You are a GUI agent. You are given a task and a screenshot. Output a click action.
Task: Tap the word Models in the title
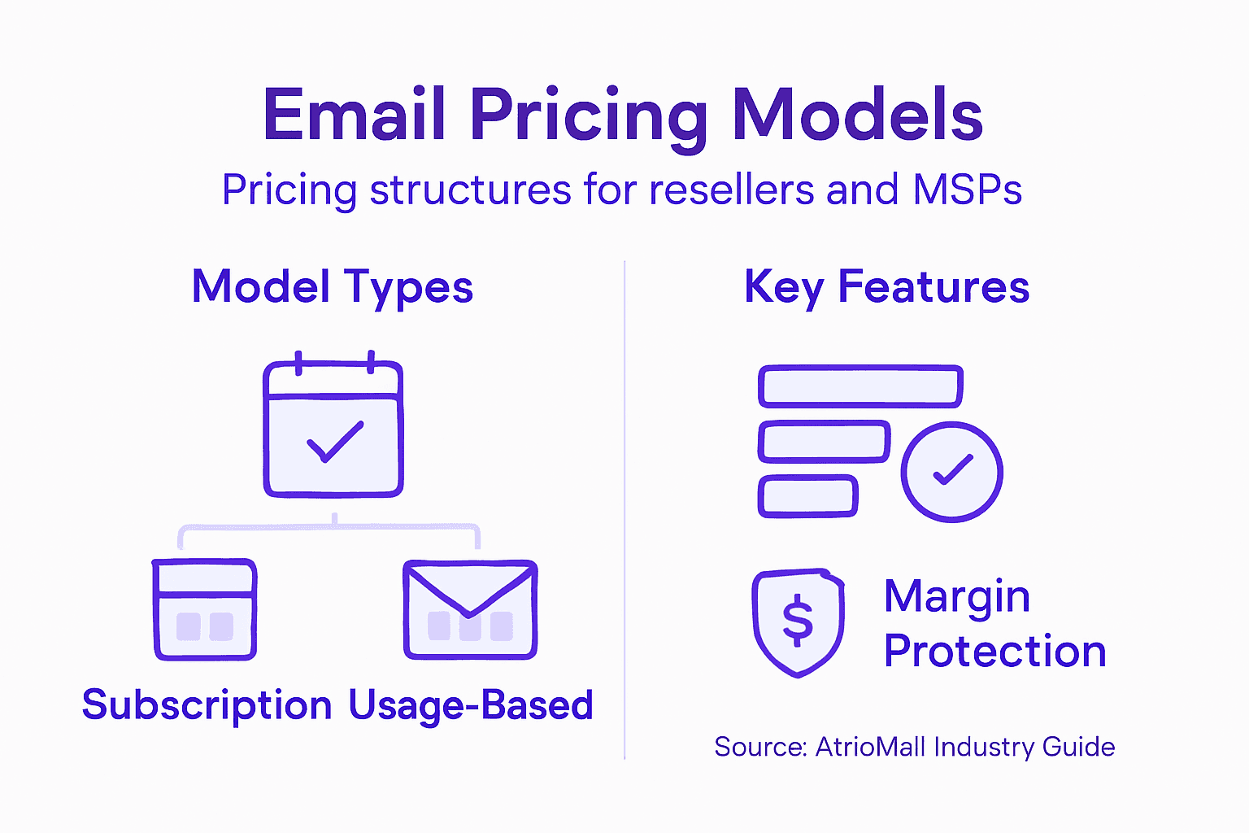coord(857,116)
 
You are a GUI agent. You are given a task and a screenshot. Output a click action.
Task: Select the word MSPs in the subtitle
coord(967,190)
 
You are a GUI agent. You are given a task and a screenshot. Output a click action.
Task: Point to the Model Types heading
coord(332,287)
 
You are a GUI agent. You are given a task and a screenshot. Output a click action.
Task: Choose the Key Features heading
coord(886,287)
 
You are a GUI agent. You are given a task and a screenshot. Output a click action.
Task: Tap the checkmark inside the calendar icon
coord(334,442)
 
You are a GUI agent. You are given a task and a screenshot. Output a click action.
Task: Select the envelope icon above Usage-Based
coord(470,609)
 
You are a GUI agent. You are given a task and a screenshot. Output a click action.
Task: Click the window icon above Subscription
coord(205,609)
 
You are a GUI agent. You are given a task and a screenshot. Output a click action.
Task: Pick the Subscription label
coord(207,705)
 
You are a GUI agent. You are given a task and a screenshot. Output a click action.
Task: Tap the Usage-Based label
coord(471,705)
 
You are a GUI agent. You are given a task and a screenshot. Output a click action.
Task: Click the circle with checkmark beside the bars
coord(951,472)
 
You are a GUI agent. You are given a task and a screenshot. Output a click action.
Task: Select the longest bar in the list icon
coord(860,386)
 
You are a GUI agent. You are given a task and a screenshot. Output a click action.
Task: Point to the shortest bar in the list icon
coord(807,496)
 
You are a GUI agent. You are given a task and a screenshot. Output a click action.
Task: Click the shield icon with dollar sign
coord(798,623)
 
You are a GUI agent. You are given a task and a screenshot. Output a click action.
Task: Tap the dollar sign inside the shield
coord(798,621)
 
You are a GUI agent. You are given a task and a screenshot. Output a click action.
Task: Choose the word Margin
coord(957,598)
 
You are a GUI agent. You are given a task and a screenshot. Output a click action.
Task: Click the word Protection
coord(994,652)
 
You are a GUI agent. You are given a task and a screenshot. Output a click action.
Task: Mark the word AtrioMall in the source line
coord(871,747)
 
